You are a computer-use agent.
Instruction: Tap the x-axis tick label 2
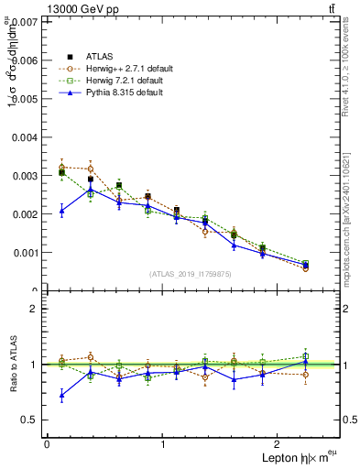tap(279, 444)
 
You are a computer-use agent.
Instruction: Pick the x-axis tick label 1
tap(163, 444)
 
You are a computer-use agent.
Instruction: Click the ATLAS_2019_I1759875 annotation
tap(190, 274)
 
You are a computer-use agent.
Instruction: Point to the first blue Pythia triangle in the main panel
tap(61, 211)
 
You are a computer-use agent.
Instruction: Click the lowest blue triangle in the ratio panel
tap(61, 396)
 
